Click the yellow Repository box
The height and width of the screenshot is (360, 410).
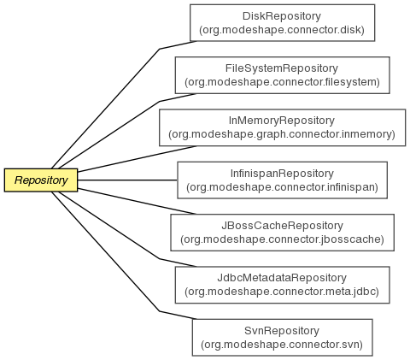(x=41, y=180)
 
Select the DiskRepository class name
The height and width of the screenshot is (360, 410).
(x=282, y=16)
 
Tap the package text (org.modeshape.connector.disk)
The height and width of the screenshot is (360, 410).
(x=282, y=30)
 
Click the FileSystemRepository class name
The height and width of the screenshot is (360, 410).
(x=282, y=68)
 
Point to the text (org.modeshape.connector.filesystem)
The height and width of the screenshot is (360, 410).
(x=282, y=82)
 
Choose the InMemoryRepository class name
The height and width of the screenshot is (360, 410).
(x=282, y=121)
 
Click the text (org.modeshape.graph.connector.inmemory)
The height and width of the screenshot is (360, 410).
(x=282, y=134)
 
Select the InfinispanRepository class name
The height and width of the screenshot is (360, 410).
(x=282, y=174)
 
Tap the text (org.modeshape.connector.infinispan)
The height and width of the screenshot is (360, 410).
(x=282, y=187)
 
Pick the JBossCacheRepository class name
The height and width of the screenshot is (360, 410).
(x=282, y=226)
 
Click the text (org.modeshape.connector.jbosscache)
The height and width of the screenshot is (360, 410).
(x=282, y=239)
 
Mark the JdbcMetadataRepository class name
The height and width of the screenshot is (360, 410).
(x=282, y=278)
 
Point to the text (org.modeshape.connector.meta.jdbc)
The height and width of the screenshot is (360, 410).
(x=282, y=292)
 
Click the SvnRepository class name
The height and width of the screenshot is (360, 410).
(x=282, y=331)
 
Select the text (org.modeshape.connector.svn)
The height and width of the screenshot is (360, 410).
(x=282, y=345)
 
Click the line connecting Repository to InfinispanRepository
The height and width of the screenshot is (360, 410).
(x=127, y=180)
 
